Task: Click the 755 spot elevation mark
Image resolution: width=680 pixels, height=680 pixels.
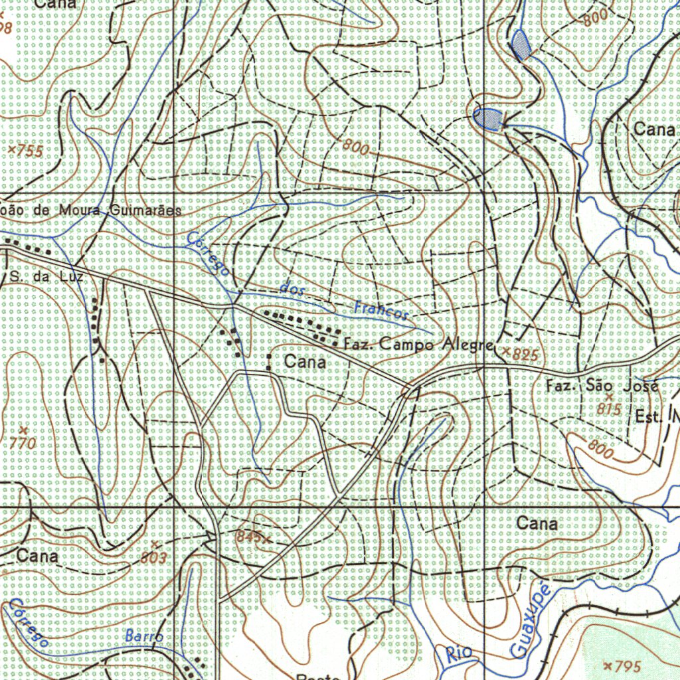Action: (x=26, y=151)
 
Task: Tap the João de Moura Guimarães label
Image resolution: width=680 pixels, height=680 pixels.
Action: (x=90, y=210)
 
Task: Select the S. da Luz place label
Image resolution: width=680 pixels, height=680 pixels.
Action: (x=46, y=276)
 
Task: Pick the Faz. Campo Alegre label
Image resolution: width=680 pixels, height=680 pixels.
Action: (x=419, y=345)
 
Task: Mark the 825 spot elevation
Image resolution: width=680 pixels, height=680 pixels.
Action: (x=521, y=354)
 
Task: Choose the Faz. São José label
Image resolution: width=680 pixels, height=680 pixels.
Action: (x=602, y=386)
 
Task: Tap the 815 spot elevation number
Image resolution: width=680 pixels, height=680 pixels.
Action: (x=608, y=409)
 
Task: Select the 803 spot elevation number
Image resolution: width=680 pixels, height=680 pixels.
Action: (x=153, y=557)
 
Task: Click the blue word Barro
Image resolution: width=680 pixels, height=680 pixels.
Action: (x=143, y=636)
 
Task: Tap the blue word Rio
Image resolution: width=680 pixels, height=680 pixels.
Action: (x=459, y=653)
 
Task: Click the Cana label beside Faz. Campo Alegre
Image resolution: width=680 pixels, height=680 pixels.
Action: (x=305, y=362)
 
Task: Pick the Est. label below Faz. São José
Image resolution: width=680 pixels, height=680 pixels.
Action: (x=649, y=418)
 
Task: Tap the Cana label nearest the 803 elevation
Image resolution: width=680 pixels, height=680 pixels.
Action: (x=37, y=555)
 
